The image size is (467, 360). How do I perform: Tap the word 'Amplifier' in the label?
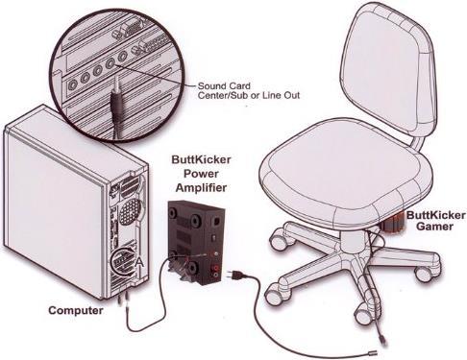click(x=199, y=190)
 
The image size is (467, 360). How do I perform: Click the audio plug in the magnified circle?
click(x=117, y=96)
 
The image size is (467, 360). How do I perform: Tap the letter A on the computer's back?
click(x=142, y=261)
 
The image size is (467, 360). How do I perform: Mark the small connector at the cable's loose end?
click(x=382, y=340)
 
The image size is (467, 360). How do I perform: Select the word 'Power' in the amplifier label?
click(x=199, y=176)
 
